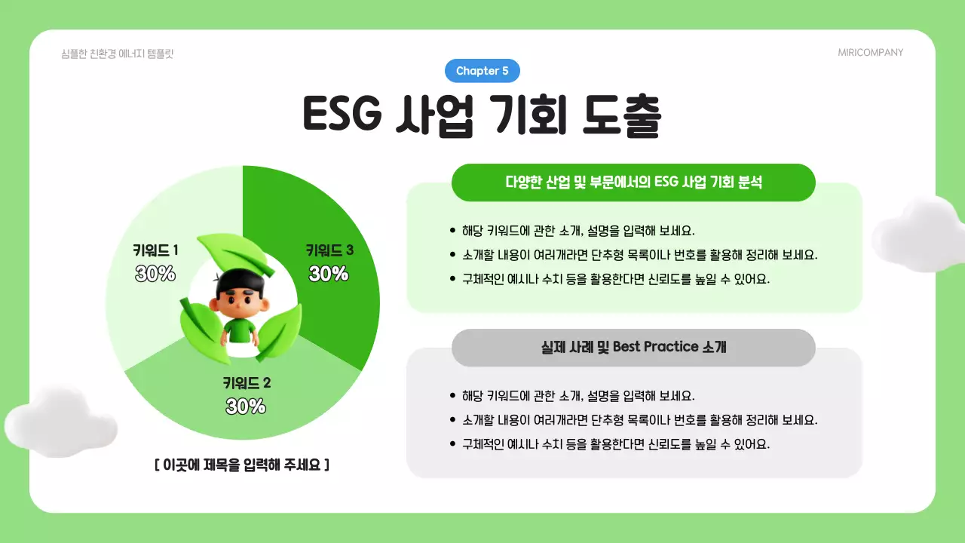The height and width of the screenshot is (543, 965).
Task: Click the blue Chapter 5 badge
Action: click(x=482, y=71)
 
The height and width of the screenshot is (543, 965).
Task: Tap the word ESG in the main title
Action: click(x=343, y=115)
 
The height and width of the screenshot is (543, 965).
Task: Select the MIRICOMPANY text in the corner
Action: click(x=870, y=53)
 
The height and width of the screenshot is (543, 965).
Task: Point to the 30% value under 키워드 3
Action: click(x=329, y=274)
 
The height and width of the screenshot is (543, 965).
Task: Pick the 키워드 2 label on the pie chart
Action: click(x=247, y=383)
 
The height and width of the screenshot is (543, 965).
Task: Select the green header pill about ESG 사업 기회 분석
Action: click(x=633, y=183)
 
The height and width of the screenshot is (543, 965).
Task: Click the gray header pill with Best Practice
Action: click(x=633, y=347)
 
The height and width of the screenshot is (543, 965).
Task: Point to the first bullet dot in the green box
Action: click(x=452, y=231)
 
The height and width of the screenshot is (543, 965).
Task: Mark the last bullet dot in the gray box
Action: click(x=452, y=443)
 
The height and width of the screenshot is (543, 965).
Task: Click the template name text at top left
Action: click(x=118, y=54)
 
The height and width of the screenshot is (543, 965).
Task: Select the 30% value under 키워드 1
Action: click(x=155, y=274)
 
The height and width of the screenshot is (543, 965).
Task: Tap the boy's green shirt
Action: click(x=240, y=332)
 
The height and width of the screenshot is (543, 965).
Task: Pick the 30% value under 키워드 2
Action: click(x=247, y=406)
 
